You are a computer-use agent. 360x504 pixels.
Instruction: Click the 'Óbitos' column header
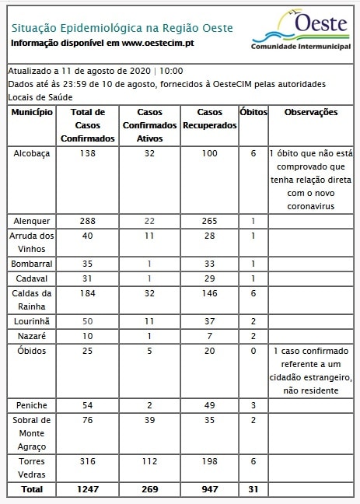point(253,113)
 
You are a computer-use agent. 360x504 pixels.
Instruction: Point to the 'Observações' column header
point(311,113)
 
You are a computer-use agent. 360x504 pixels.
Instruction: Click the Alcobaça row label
point(32,154)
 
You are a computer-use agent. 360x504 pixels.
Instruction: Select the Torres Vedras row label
point(32,468)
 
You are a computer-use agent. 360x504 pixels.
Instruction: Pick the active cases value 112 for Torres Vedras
point(149,462)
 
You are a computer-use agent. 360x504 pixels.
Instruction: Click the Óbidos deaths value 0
point(253,352)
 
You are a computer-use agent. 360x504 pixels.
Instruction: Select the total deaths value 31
point(253,490)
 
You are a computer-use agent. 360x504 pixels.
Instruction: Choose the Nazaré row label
point(32,335)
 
